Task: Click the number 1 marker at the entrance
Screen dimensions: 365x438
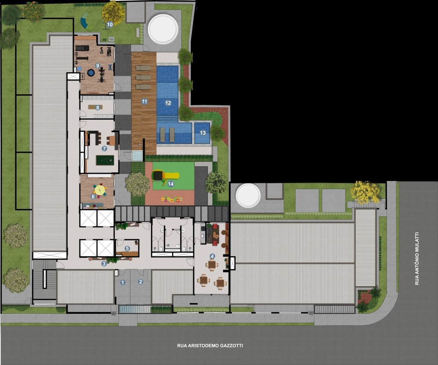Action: click(123, 282)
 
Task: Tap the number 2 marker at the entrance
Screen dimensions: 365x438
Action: click(140, 281)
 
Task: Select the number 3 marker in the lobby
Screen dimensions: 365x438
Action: click(104, 264)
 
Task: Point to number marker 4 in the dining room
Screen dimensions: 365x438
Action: click(212, 256)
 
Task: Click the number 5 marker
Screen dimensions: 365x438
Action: click(127, 248)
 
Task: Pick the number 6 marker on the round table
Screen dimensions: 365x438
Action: click(93, 196)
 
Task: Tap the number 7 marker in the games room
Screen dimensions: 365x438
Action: click(104, 149)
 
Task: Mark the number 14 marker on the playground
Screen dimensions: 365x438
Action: click(171, 184)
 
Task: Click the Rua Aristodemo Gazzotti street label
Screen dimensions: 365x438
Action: click(207, 345)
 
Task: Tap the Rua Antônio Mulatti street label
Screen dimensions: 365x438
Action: click(417, 258)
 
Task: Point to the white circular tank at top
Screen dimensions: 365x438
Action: click(163, 29)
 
